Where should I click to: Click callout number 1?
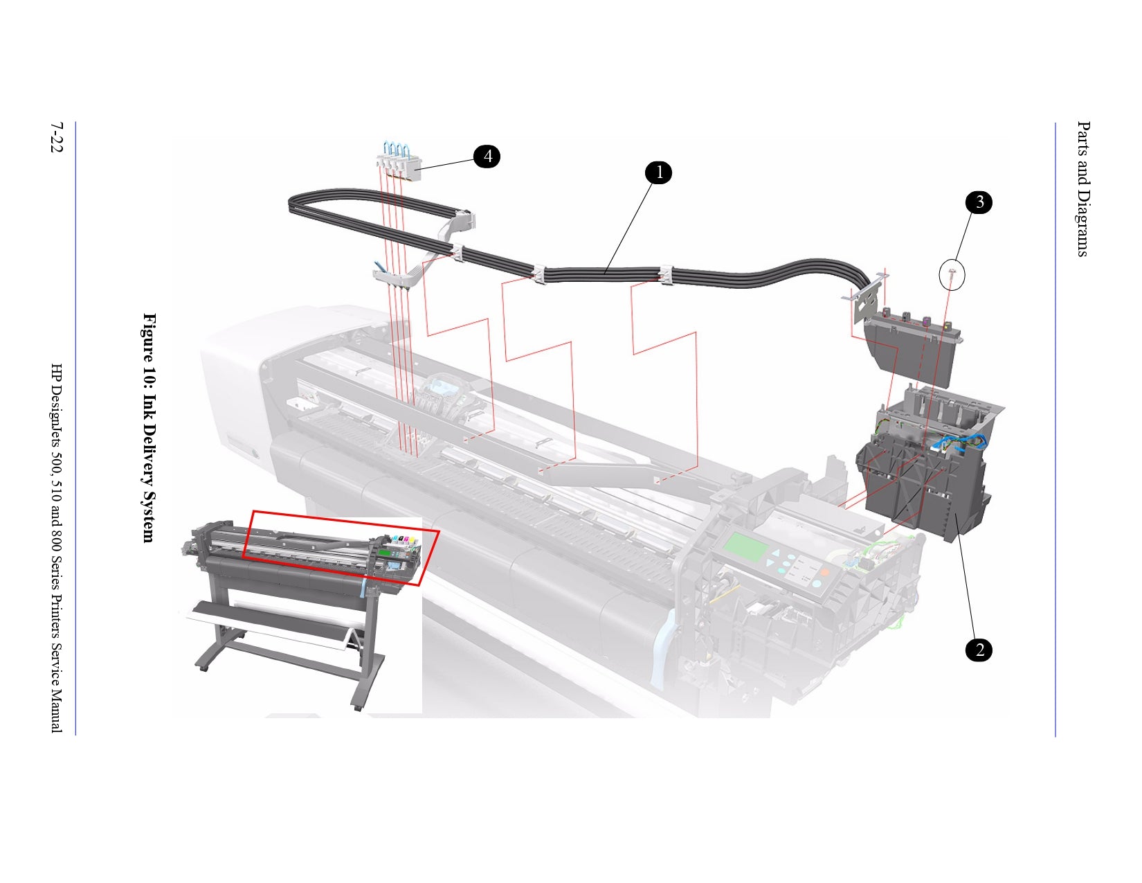point(659,172)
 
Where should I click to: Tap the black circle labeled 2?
point(979,650)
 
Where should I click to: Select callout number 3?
point(979,202)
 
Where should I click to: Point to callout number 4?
point(487,157)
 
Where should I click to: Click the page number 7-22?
point(56,138)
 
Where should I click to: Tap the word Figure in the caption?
point(149,337)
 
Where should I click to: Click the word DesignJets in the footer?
point(56,422)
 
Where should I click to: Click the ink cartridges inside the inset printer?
point(400,540)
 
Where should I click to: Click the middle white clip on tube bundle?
point(539,275)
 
